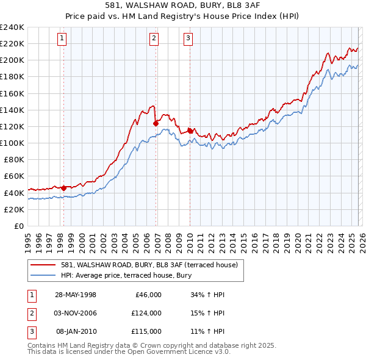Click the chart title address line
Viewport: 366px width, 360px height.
click(182, 5)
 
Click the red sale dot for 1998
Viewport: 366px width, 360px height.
click(63, 188)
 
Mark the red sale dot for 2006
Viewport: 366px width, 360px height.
click(156, 123)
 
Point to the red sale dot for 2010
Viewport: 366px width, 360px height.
click(190, 131)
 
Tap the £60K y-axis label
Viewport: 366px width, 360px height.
click(13, 176)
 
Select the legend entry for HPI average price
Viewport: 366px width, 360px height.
click(126, 275)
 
